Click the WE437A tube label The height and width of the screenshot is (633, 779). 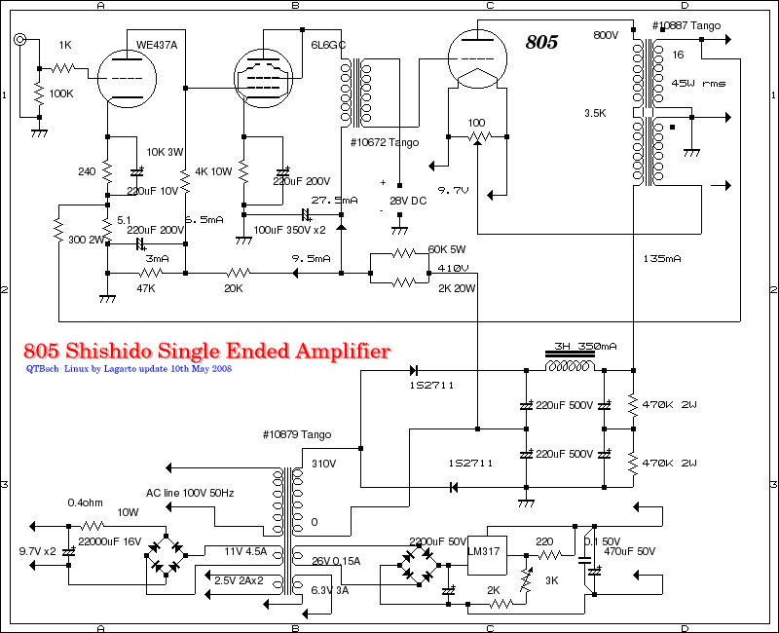click(157, 45)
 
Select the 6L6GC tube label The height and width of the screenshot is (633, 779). click(326, 46)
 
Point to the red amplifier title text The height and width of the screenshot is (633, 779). click(206, 351)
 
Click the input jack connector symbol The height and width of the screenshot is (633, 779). click(20, 40)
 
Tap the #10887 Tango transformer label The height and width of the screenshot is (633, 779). click(686, 25)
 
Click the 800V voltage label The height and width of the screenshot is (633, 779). click(606, 35)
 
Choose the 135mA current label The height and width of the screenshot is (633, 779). click(663, 258)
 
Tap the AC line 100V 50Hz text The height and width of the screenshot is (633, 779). click(191, 493)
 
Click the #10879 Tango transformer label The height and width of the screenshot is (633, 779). click(296, 433)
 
